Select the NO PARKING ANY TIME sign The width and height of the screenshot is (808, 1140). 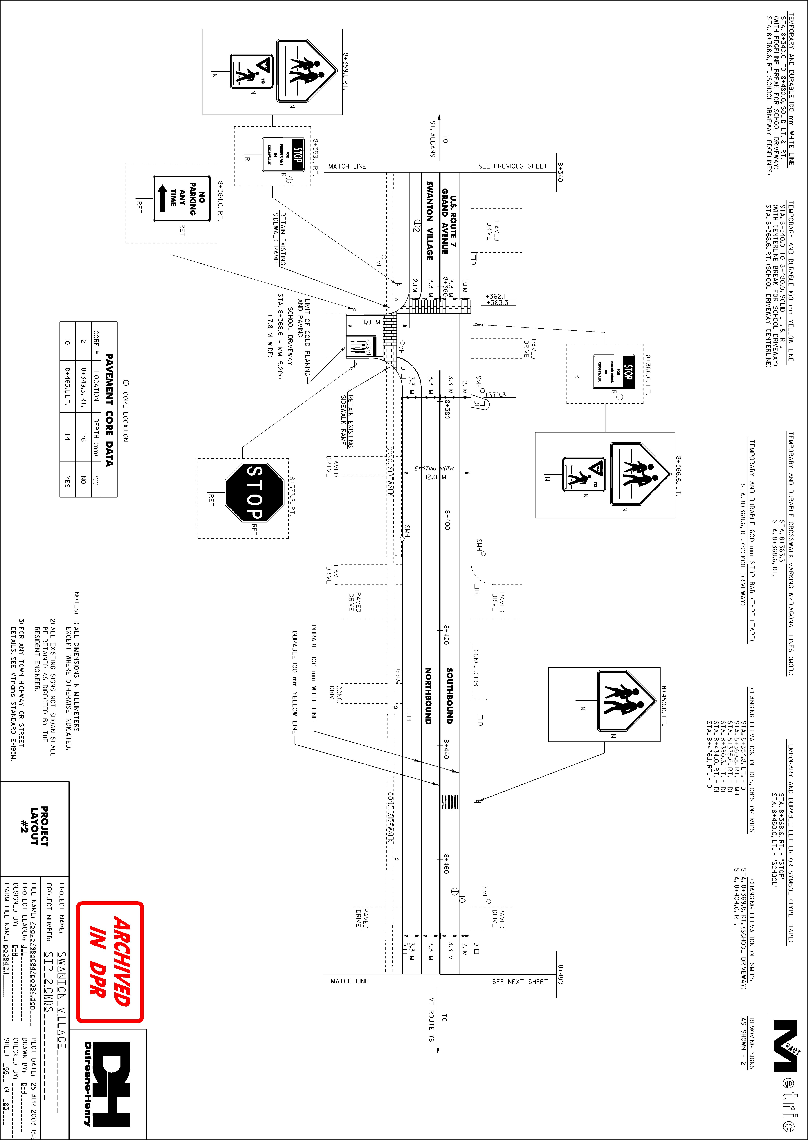point(182,198)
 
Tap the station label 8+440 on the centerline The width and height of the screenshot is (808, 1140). point(447,749)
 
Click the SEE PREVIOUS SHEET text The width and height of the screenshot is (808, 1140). point(513,166)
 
